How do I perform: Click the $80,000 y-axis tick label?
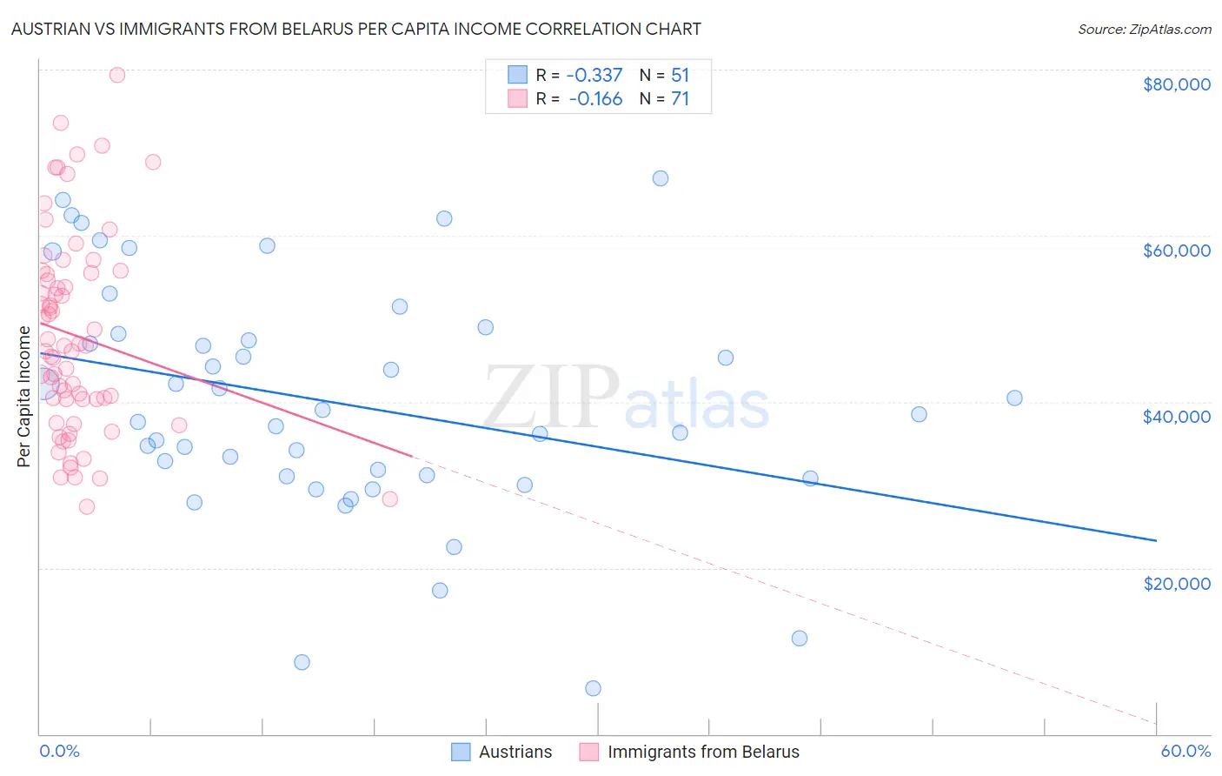point(1176,84)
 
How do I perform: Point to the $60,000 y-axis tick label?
point(1176,251)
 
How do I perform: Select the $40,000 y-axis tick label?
point(1176,417)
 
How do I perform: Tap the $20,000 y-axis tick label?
point(1176,583)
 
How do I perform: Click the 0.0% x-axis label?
point(59,751)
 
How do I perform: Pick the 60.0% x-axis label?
point(1185,751)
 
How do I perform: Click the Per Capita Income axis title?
point(24,396)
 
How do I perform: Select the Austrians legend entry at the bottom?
point(515,752)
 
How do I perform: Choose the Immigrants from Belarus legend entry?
point(702,752)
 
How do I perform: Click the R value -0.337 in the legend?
point(594,76)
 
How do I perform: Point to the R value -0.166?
point(595,99)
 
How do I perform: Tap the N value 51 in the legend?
point(680,76)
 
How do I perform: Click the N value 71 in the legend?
point(680,99)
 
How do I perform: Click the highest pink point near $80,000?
point(117,75)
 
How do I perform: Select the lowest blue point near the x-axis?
point(593,688)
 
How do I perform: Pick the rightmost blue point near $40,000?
point(1014,398)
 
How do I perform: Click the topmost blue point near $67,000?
point(661,178)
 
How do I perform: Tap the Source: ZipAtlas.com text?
point(1144,30)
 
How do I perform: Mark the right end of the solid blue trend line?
point(1156,540)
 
